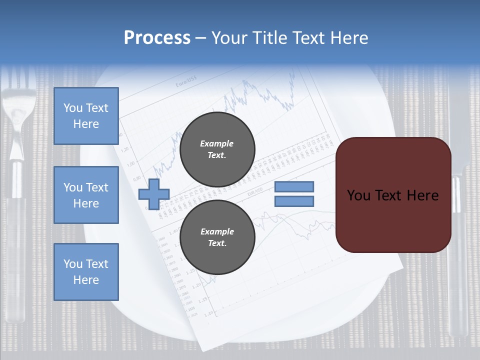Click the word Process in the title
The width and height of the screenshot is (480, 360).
tap(157, 38)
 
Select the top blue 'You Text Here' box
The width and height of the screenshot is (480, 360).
tap(86, 116)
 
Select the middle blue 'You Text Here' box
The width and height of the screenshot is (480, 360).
tap(86, 195)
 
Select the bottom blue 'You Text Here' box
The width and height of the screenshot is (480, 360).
tap(86, 272)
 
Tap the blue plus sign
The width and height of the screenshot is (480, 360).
tap(154, 194)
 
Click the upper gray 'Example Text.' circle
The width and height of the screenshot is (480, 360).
tap(217, 149)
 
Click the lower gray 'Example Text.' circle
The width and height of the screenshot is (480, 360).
tap(217, 237)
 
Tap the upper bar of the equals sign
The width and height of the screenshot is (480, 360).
tap(294, 186)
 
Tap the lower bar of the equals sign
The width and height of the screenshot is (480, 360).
tap(294, 201)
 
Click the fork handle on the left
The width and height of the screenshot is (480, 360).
tap(17, 250)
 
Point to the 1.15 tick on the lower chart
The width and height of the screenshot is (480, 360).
tap(203, 300)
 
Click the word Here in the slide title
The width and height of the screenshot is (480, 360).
tap(348, 38)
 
